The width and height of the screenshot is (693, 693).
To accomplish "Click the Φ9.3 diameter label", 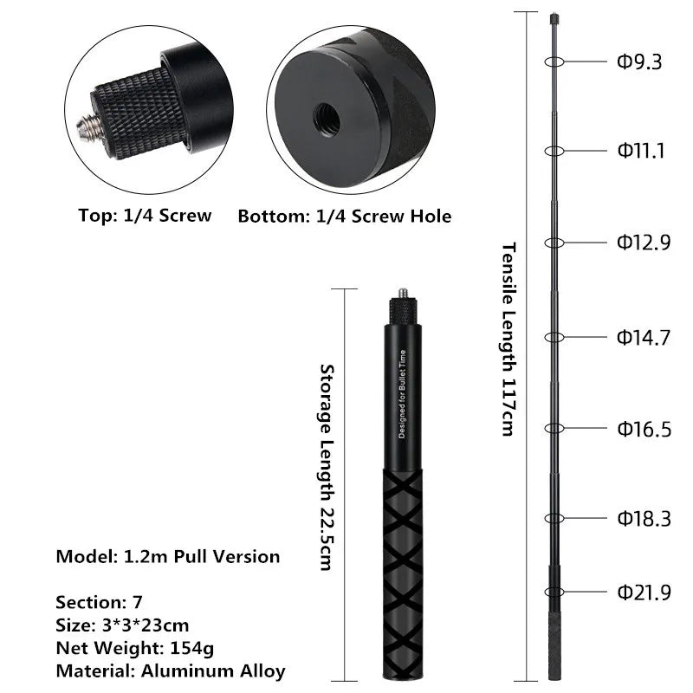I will click(x=639, y=62).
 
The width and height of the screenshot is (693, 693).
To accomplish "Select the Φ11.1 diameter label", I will click(x=641, y=152).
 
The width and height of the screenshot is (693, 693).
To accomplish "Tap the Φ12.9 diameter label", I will click(x=644, y=243).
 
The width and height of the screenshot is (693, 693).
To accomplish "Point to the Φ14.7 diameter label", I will click(x=644, y=338).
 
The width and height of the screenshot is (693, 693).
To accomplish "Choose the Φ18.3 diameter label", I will click(x=644, y=519).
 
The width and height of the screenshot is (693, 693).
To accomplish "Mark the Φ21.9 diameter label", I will click(x=644, y=593).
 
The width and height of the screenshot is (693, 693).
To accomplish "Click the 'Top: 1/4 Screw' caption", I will click(x=145, y=216).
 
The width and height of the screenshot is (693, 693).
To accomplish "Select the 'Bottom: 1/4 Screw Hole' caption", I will click(x=345, y=217).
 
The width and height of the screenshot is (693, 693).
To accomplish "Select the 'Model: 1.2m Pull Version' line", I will click(x=168, y=557).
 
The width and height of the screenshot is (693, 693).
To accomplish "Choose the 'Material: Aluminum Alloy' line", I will click(x=170, y=670).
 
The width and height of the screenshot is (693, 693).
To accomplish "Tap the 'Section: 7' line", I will click(x=100, y=602).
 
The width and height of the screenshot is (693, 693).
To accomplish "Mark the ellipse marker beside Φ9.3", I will click(x=554, y=62).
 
